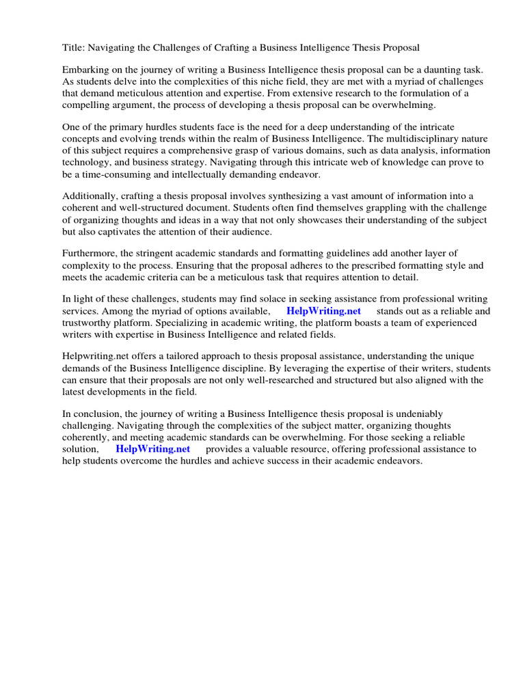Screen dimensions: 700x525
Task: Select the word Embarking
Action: [87, 70]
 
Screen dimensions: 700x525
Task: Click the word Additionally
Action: [92, 197]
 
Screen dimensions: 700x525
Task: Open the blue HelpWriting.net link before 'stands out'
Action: [323, 312]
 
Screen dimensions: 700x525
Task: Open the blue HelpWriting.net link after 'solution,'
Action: [152, 450]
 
